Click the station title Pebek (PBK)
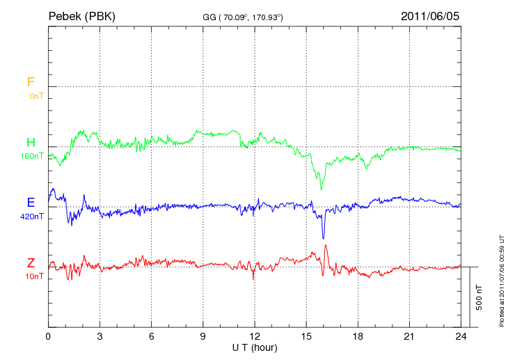tap(81, 16)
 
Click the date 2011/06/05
tap(430, 16)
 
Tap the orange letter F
tap(31, 82)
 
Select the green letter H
tap(31, 143)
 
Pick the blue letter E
tap(31, 203)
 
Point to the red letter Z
tap(31, 262)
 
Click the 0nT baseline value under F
tap(35, 95)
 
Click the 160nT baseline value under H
tap(32, 156)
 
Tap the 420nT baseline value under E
tap(32, 216)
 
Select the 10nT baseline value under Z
tap(34, 276)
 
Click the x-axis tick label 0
tap(48, 336)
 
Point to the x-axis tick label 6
tap(151, 336)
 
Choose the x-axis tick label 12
tap(254, 336)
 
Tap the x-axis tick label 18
tap(358, 336)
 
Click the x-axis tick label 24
tap(461, 336)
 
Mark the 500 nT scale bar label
tap(479, 297)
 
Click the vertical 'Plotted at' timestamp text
tap(501, 278)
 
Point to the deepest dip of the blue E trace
tap(323, 239)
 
